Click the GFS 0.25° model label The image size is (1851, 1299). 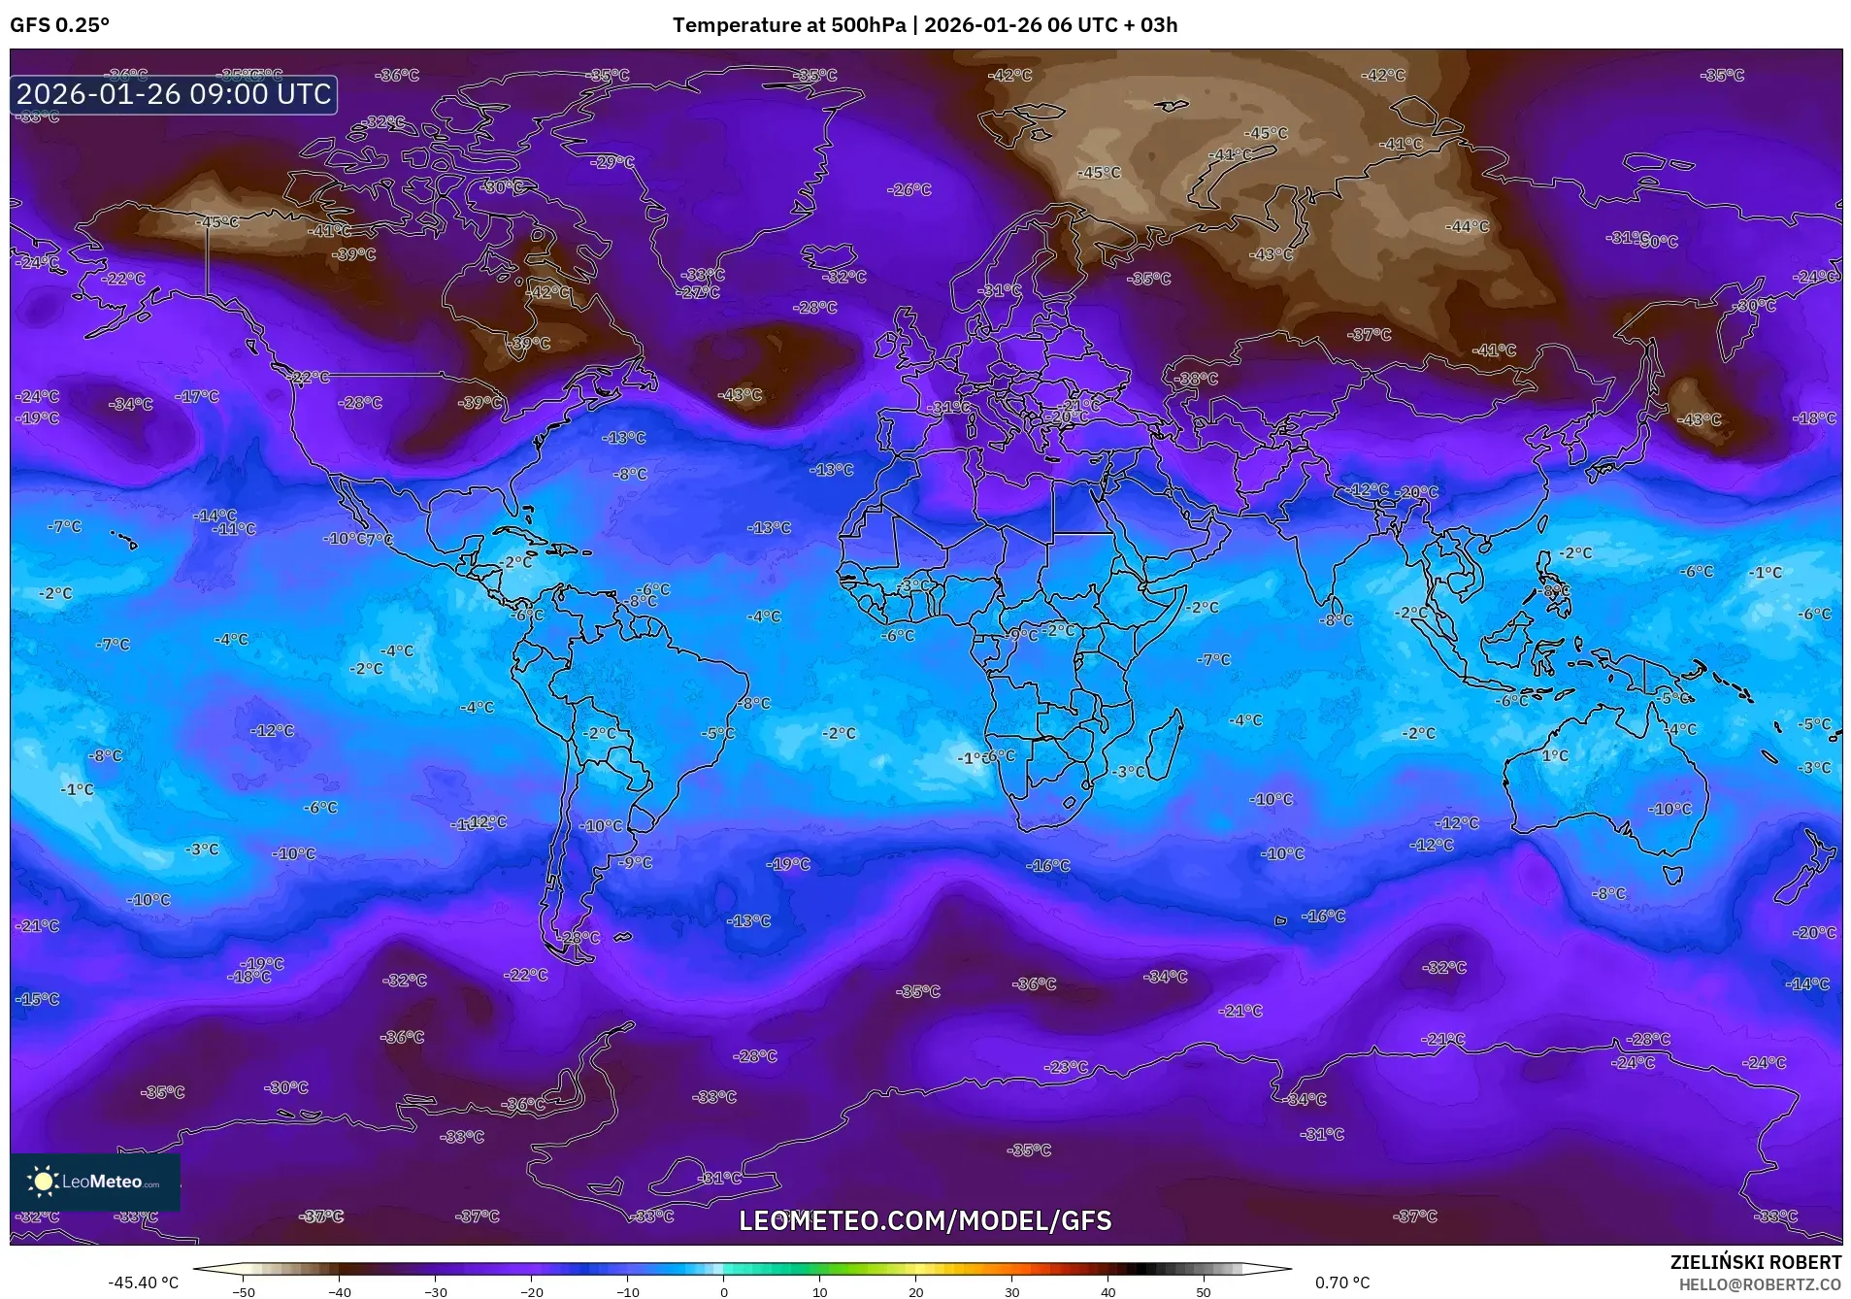pos(59,25)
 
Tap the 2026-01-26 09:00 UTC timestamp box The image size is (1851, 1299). pos(174,94)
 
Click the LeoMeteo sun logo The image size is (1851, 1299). pos(43,1182)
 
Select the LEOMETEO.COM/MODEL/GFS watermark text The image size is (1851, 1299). pos(925,1220)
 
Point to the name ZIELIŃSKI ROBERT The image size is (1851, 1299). pos(1755,1263)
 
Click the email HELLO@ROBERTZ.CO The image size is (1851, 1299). pos(1759,1283)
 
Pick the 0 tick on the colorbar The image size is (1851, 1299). pos(723,1292)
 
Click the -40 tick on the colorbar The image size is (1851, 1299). pos(339,1292)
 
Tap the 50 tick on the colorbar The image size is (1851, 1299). pos(1204,1292)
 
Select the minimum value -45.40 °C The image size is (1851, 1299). pos(143,1282)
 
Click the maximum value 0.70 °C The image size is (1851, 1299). pos(1342,1282)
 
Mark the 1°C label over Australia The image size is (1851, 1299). pos(1555,755)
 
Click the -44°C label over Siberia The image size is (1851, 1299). pos(1467,226)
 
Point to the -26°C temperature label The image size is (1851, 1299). pos(909,190)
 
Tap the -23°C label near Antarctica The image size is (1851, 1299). pos(1066,1067)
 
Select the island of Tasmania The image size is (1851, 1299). pos(1671,875)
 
